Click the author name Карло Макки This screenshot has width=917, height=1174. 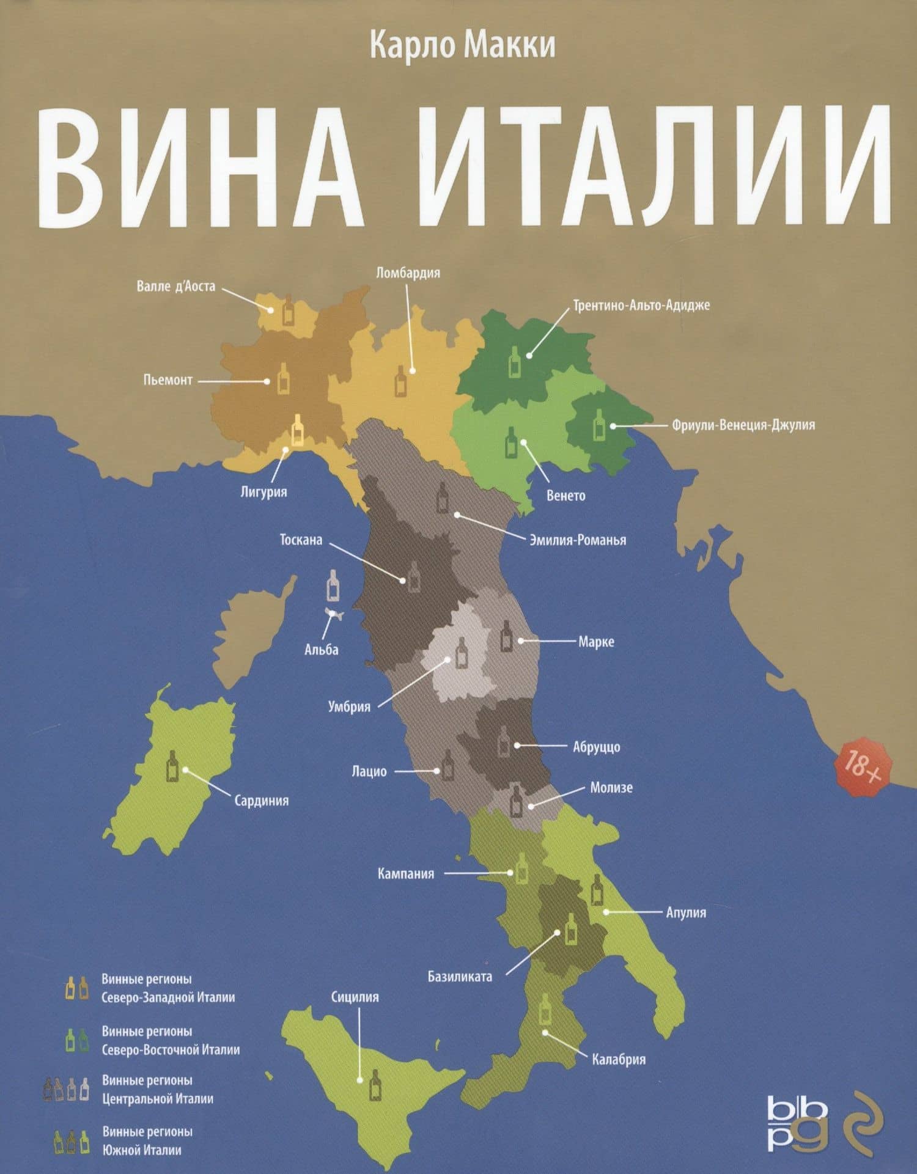[463, 46]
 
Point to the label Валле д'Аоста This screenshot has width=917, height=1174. [175, 286]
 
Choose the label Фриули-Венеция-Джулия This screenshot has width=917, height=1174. [743, 425]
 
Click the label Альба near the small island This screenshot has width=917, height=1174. [321, 650]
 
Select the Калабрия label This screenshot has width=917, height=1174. [619, 1059]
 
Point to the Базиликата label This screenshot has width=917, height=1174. [460, 977]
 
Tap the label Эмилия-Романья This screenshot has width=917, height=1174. [577, 540]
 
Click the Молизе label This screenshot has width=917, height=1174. [611, 788]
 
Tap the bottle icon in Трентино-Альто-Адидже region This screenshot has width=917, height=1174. [515, 361]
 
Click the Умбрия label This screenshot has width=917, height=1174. [349, 707]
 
